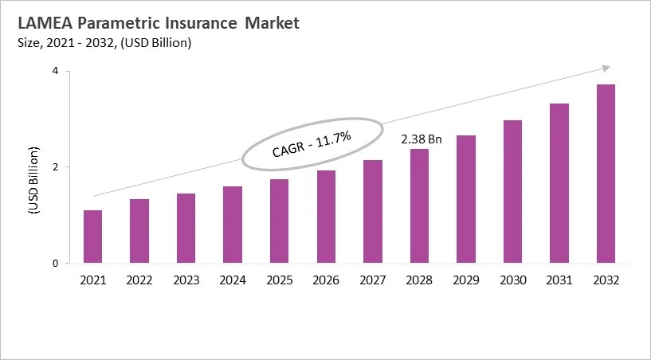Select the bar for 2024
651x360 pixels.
tap(233, 225)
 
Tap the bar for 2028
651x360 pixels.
tap(419, 206)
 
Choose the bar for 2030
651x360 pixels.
tap(512, 192)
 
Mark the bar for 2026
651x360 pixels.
tap(326, 217)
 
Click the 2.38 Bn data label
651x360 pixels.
tap(421, 139)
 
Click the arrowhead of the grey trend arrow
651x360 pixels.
tap(607, 68)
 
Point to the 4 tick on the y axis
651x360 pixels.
tap(55, 71)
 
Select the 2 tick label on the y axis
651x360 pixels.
tap(55, 167)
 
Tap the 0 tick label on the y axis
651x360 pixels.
tap(55, 264)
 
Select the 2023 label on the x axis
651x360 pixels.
tap(186, 280)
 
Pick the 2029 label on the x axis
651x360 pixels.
tap(466, 280)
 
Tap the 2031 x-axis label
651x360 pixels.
tap(559, 280)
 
